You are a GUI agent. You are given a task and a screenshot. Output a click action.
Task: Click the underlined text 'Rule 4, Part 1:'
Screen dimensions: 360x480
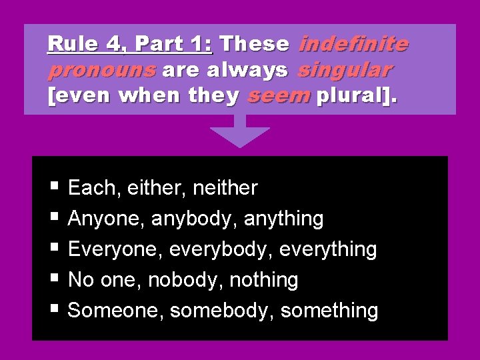click(130, 45)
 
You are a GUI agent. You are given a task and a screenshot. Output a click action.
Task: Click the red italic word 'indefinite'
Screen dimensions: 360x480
click(353, 45)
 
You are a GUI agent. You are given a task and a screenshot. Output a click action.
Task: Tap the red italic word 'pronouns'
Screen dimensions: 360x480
click(101, 70)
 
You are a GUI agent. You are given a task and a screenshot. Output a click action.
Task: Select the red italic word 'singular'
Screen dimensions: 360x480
click(345, 70)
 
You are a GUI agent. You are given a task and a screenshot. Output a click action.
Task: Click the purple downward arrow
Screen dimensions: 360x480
click(240, 132)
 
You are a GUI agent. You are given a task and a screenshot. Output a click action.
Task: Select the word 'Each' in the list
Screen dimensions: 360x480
click(91, 189)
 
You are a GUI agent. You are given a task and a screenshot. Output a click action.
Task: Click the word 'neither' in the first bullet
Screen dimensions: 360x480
click(225, 189)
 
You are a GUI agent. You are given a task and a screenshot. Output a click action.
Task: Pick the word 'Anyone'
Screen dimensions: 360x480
click(107, 219)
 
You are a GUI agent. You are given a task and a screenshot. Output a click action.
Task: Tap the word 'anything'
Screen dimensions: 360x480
click(284, 219)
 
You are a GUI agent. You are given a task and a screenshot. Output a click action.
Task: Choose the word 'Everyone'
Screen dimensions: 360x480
click(116, 249)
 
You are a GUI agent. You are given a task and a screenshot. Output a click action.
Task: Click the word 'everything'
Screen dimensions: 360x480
click(328, 249)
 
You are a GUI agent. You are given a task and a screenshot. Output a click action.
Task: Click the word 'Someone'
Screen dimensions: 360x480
click(116, 311)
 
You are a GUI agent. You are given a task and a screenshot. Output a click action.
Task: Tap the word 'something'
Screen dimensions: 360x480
click(329, 311)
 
